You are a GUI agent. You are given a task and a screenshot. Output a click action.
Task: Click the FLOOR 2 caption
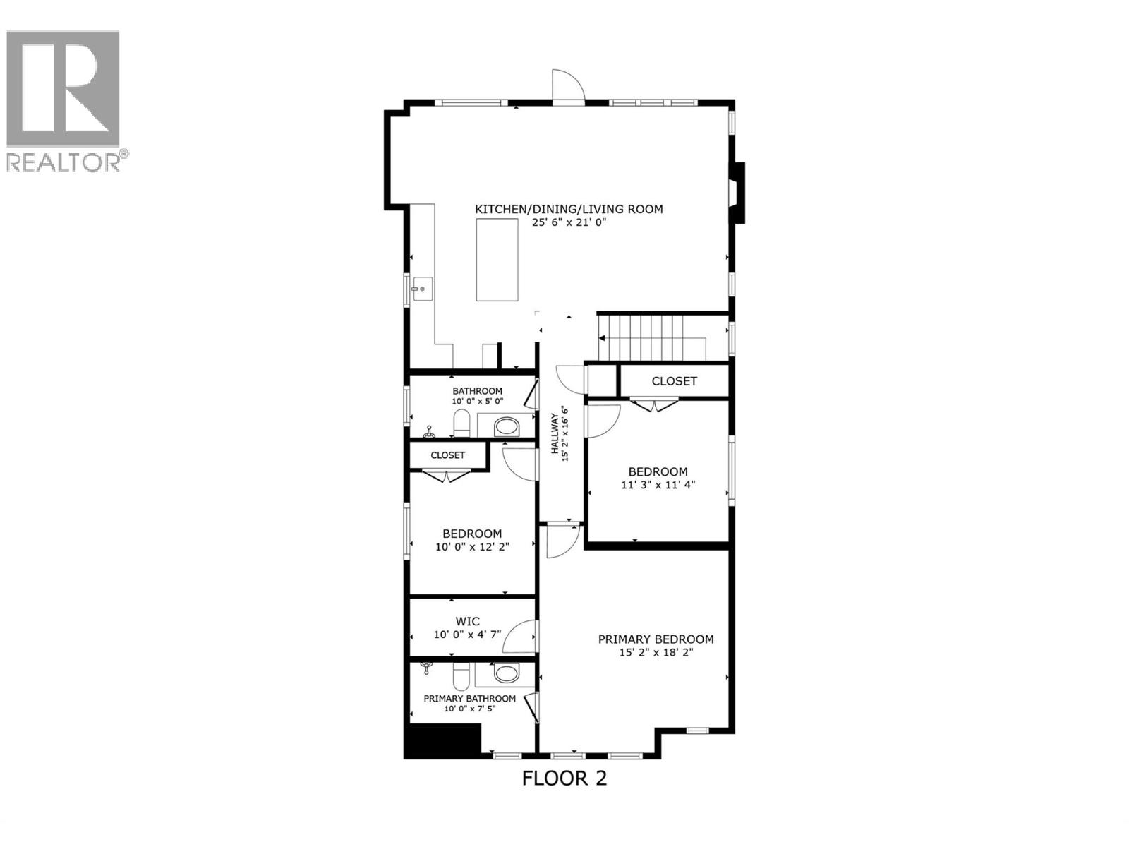point(564,778)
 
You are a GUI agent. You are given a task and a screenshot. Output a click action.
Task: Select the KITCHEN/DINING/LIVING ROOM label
point(569,209)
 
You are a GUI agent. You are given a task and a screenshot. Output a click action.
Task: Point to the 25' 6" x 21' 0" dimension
point(569,222)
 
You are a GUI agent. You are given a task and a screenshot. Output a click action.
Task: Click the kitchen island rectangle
point(497,260)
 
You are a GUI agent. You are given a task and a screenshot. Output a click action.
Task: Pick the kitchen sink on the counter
point(422,288)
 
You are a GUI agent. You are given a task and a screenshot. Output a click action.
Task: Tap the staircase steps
point(641,337)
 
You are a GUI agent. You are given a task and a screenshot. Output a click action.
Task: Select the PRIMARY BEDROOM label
point(656,639)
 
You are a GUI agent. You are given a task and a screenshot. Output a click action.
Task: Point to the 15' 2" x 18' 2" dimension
point(656,652)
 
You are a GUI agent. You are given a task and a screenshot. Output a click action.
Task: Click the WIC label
point(467,621)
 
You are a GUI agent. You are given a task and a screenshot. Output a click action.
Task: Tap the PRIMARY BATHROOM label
point(469,698)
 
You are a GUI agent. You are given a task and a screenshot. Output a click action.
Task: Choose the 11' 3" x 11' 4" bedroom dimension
point(658,485)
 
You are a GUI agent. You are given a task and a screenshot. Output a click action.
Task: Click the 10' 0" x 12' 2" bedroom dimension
point(472,546)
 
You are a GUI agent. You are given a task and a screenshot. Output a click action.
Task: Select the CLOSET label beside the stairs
point(674,380)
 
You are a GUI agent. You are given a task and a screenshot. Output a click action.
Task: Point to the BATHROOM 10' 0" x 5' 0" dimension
point(477,401)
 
